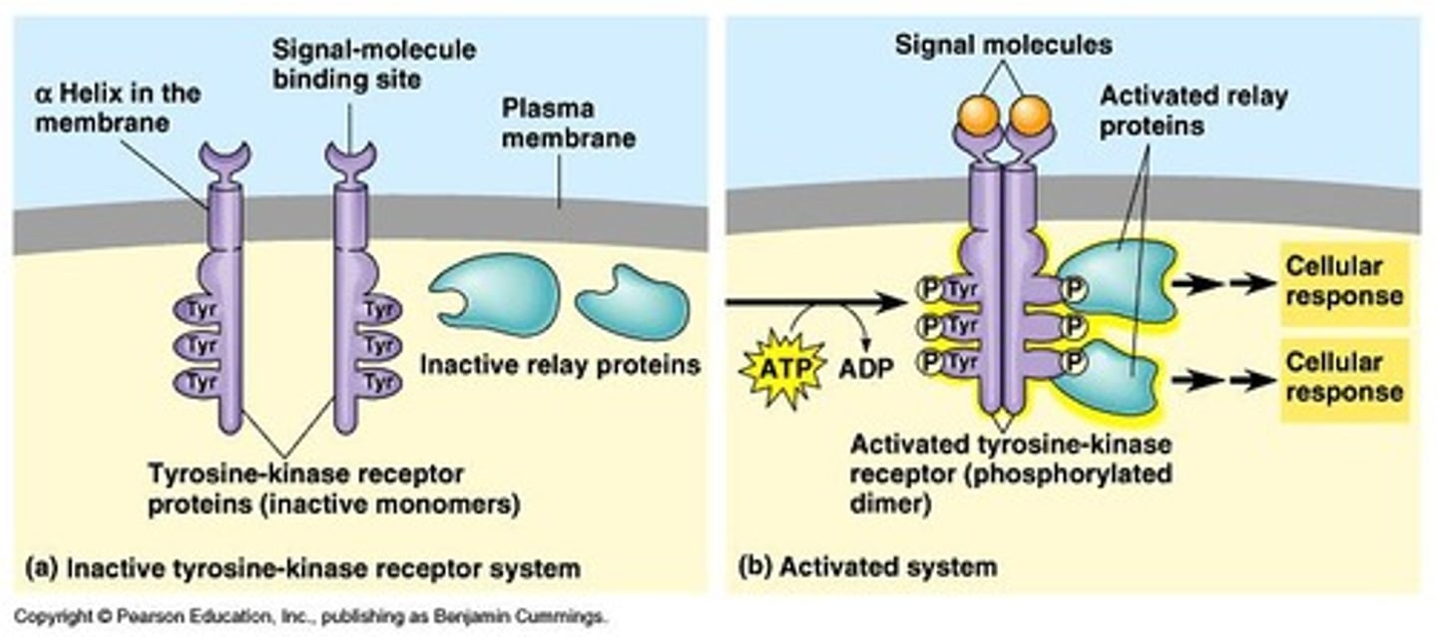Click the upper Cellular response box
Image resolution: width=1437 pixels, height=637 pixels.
(x=1344, y=282)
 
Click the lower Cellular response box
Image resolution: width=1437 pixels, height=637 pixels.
(x=1344, y=378)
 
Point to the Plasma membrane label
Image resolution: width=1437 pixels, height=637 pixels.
(x=568, y=123)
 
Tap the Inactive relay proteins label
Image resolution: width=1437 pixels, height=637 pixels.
(x=560, y=364)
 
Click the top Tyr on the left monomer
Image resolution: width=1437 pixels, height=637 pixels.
(x=203, y=310)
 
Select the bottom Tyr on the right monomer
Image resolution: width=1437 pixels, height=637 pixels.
(x=376, y=381)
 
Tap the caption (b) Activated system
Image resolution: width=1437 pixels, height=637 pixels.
(x=867, y=567)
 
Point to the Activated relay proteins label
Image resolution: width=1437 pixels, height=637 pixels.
(x=1194, y=111)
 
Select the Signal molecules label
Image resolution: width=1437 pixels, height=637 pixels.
(x=1003, y=45)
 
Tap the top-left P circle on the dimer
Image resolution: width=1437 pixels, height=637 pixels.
(x=928, y=290)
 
